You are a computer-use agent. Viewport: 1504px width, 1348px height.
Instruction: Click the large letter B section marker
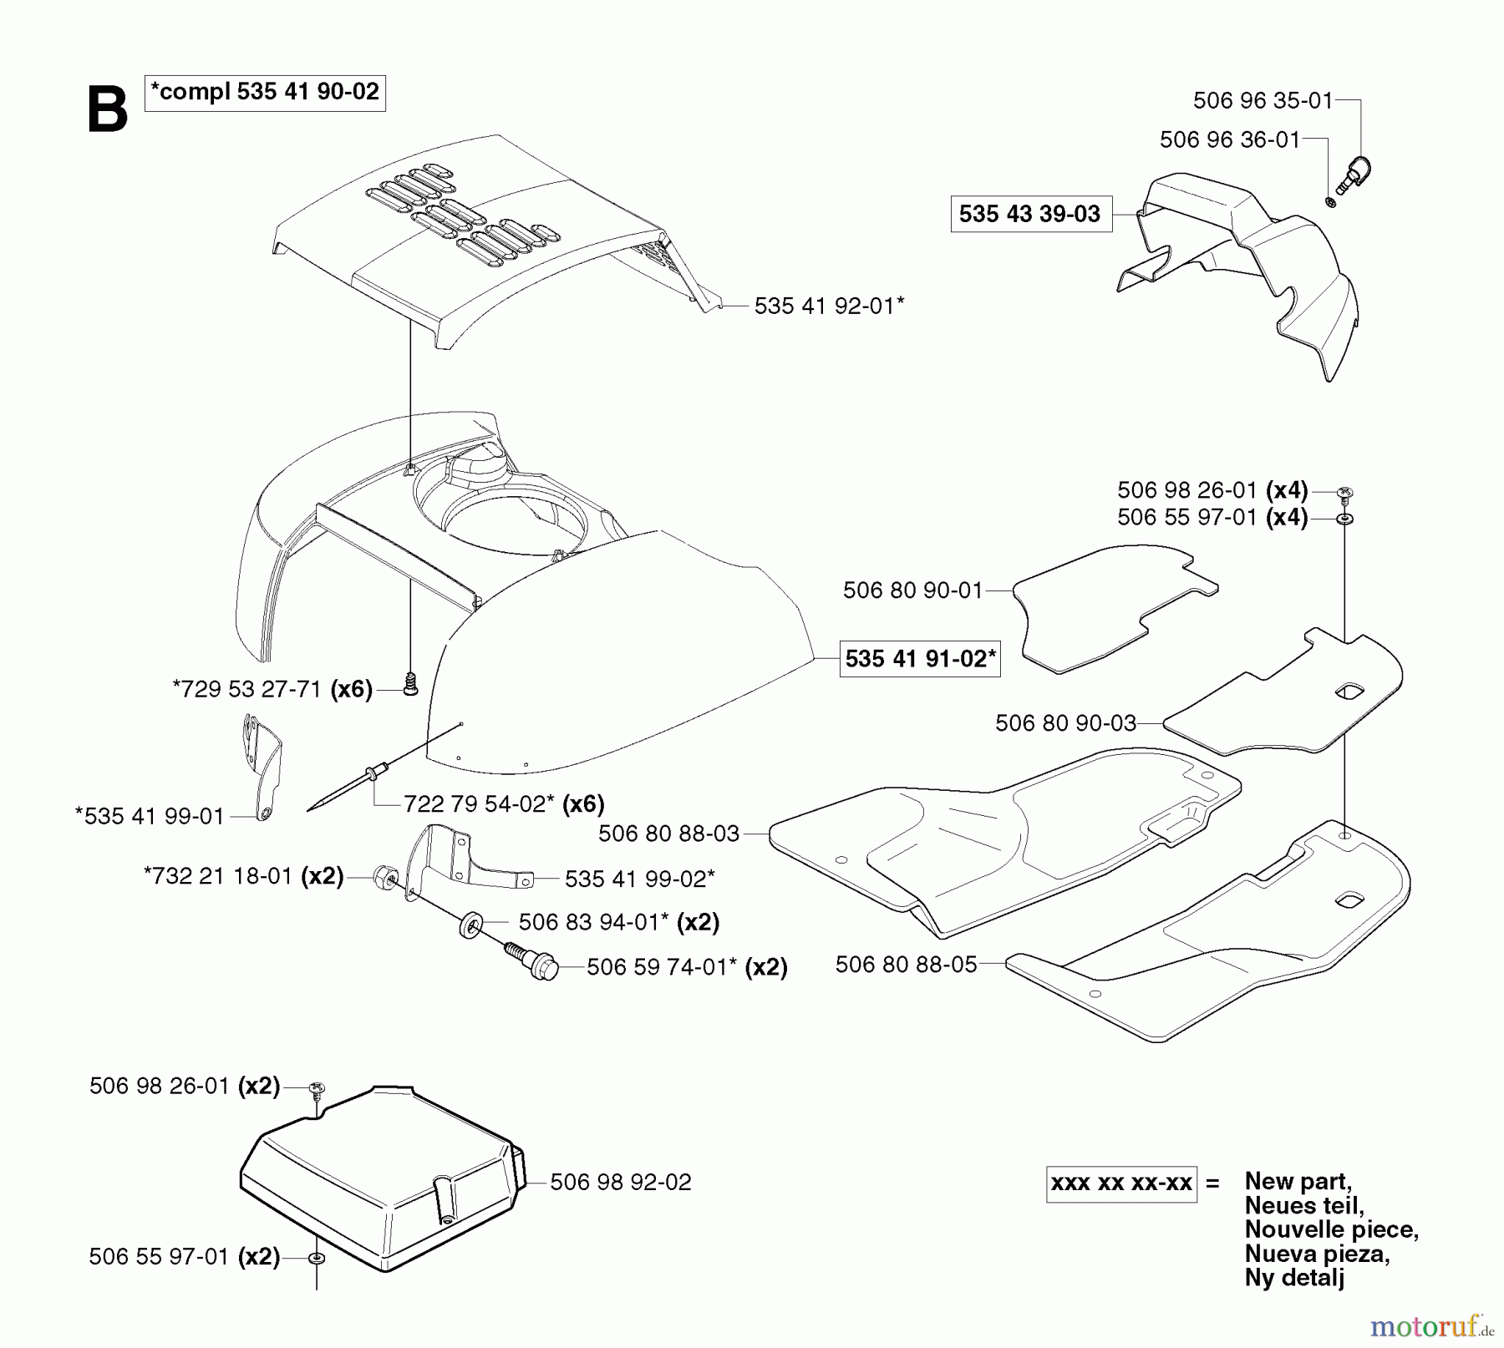tap(108, 109)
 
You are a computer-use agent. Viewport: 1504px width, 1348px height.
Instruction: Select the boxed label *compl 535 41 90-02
tap(265, 92)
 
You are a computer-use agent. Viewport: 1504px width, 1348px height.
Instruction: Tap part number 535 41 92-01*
tap(829, 306)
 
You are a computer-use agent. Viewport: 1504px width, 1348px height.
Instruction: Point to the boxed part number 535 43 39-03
tap(1029, 214)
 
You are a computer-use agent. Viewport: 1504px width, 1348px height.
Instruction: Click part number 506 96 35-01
tap(1263, 101)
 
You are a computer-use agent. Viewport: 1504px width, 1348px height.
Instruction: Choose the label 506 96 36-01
tap(1230, 139)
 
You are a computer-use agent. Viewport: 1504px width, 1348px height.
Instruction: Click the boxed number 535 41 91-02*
tap(920, 659)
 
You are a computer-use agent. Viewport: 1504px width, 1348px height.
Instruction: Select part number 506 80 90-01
tap(913, 590)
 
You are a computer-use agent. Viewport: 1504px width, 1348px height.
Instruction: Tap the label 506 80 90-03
tap(1065, 722)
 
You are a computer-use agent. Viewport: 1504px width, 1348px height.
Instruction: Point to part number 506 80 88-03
tap(669, 834)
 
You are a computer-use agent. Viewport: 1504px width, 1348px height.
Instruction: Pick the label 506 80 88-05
tap(906, 965)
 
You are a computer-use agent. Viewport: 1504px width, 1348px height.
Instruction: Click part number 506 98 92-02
tap(621, 1182)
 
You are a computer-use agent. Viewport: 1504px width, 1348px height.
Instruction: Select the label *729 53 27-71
tap(247, 689)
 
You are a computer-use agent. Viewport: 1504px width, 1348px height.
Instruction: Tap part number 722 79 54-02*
tap(480, 803)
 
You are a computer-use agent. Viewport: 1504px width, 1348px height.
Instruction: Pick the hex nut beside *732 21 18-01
tap(385, 878)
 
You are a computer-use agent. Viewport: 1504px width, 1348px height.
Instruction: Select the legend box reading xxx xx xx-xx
tap(1121, 1183)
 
